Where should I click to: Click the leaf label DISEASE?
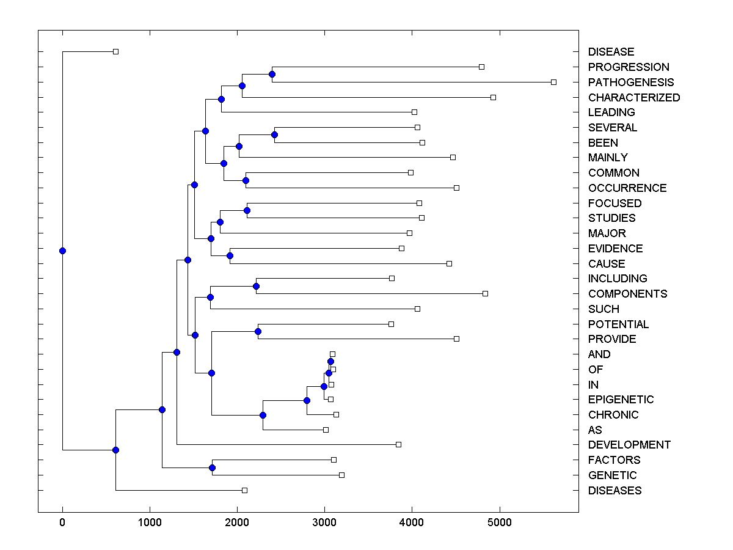pyautogui.click(x=611, y=52)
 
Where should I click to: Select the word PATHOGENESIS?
pyautogui.click(x=631, y=82)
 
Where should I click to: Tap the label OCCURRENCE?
pyautogui.click(x=627, y=188)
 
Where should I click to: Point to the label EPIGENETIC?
pyautogui.click(x=621, y=400)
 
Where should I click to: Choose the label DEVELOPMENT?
pyautogui.click(x=629, y=445)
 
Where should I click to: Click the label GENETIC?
pyautogui.click(x=612, y=475)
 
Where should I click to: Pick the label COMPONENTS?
pyautogui.click(x=627, y=294)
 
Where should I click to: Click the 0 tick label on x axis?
pyautogui.click(x=62, y=522)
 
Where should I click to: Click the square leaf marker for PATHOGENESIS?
pyautogui.click(x=553, y=82)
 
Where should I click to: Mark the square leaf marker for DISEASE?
pyautogui.click(x=115, y=51)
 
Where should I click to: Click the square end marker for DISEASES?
pyautogui.click(x=244, y=490)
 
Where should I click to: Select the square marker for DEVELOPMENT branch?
pyautogui.click(x=398, y=444)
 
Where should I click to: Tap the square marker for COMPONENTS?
pyautogui.click(x=485, y=293)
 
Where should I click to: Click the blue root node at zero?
pyautogui.click(x=62, y=251)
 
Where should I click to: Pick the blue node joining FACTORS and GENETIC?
pyautogui.click(x=212, y=468)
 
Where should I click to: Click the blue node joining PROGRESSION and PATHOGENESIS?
pyautogui.click(x=272, y=74)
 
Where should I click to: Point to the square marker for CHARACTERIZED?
pyautogui.click(x=493, y=97)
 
